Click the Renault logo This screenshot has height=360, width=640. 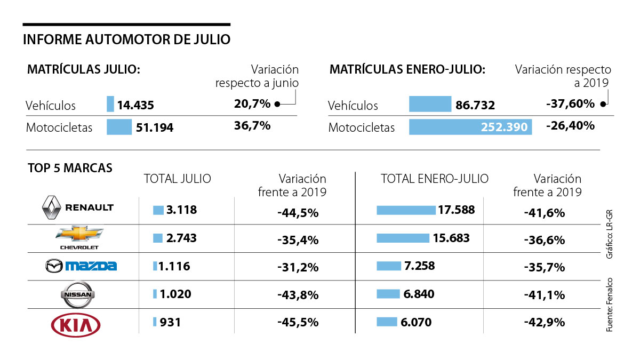pos(78,208)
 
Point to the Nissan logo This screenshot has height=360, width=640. pos(78,294)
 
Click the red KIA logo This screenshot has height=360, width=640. pos(75,324)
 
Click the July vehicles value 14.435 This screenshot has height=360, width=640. pos(135,106)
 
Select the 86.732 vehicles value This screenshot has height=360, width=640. pos(475,106)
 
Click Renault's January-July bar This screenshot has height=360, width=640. pos(405,210)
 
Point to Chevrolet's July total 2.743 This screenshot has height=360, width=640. pos(181,238)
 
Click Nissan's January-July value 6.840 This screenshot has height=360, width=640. pos(419,294)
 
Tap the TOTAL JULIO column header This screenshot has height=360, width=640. pos(178,179)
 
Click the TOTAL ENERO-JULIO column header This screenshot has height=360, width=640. pos(435,179)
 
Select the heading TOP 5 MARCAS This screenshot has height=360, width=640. pos(70,168)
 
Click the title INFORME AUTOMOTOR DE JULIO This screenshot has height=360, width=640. pos(127,39)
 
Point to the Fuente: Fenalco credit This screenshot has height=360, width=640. pos(610,305)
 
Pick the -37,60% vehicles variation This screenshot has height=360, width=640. pos(570,104)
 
